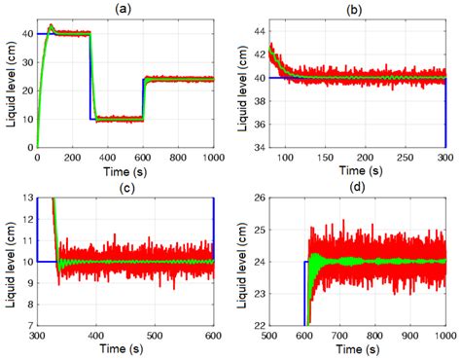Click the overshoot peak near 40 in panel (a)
tap(51, 26)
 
